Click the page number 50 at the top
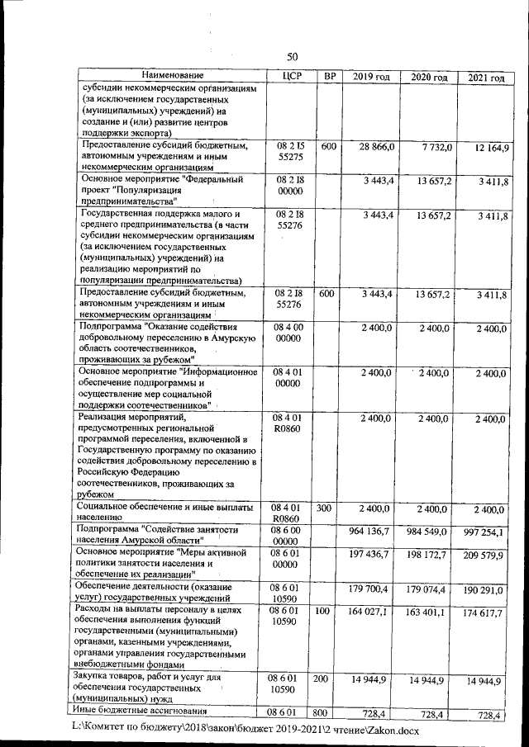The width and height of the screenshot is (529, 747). click(x=292, y=56)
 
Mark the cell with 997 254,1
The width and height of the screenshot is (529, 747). click(x=488, y=533)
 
